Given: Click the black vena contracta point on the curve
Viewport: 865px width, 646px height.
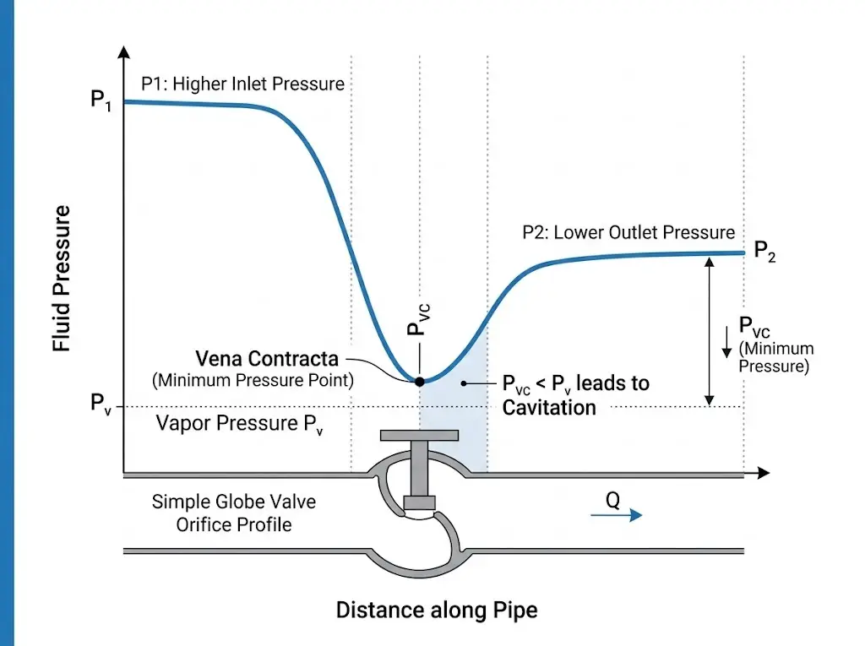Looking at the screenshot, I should coord(419,382).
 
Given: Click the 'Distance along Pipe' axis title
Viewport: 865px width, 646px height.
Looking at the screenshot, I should coord(437,610).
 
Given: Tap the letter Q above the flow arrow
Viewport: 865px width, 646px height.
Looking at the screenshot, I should coord(613,500).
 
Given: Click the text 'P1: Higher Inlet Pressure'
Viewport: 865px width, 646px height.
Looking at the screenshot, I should coord(242,84).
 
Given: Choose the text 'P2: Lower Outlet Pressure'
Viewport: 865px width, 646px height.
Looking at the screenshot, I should coord(629,232).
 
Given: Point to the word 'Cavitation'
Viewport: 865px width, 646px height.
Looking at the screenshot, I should coord(549,408).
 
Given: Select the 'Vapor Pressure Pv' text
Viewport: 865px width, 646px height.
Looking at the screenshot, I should coord(240,424).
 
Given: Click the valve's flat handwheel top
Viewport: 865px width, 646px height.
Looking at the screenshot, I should coord(419,436).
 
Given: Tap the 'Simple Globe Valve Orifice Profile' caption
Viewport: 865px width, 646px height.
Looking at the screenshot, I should coord(234,513).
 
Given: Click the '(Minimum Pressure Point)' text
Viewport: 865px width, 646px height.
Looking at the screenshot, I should coord(253,380).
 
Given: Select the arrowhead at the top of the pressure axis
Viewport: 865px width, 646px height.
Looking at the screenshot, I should coord(124,50).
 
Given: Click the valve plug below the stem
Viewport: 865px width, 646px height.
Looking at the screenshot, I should coord(419,503).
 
